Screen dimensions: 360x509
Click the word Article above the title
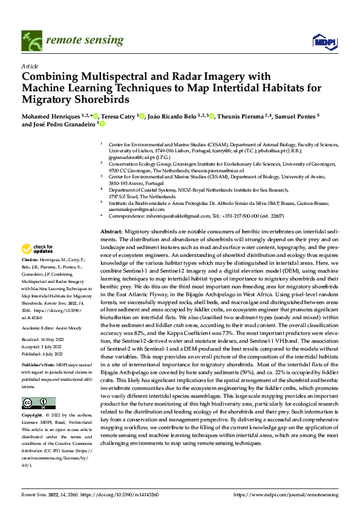tap(29, 65)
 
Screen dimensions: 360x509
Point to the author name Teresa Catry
tap(118, 115)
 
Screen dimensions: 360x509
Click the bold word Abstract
tap(111, 232)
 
